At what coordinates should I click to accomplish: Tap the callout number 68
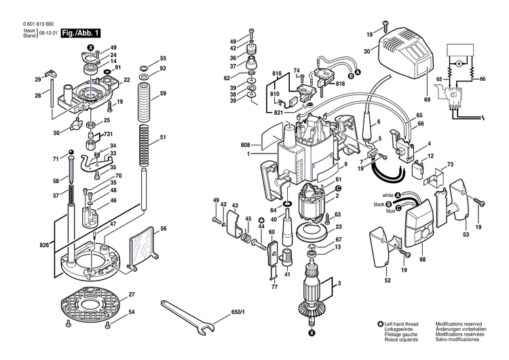pos(422,259)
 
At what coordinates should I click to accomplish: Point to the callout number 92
pos(163,69)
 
